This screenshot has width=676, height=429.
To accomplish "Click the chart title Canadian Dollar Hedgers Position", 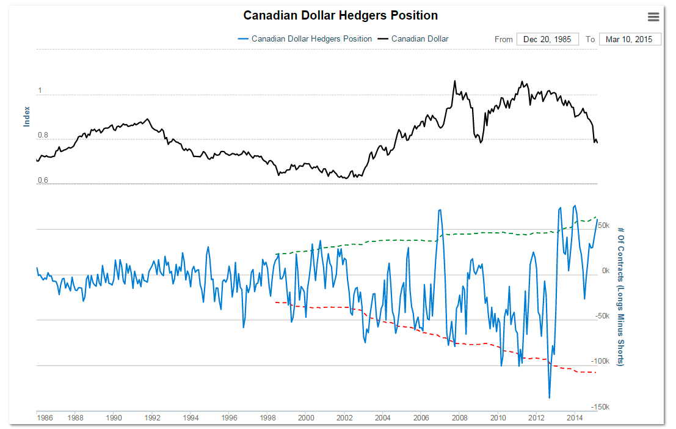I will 340,15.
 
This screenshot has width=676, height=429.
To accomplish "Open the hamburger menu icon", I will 653,16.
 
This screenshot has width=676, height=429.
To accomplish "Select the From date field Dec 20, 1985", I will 547,39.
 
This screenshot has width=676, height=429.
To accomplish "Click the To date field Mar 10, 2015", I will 630,39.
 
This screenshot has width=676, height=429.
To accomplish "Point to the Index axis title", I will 27,116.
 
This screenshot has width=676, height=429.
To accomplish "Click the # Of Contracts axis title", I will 620,296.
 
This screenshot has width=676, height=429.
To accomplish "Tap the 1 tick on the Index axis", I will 40,90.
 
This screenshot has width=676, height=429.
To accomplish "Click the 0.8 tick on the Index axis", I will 43,135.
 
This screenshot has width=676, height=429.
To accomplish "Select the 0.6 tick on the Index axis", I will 43,180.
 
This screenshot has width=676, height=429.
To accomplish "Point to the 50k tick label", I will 603,226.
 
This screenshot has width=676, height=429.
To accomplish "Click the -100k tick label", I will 601,361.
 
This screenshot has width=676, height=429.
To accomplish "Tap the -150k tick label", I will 601,406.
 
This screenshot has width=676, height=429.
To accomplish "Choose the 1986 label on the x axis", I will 45,418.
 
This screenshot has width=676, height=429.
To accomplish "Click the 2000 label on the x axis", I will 306,418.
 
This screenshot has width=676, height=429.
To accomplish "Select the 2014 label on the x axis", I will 575,418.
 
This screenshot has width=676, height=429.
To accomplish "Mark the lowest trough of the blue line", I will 550,398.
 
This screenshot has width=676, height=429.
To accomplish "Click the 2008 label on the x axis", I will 460,418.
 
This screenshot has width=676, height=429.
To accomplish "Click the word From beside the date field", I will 504,39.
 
